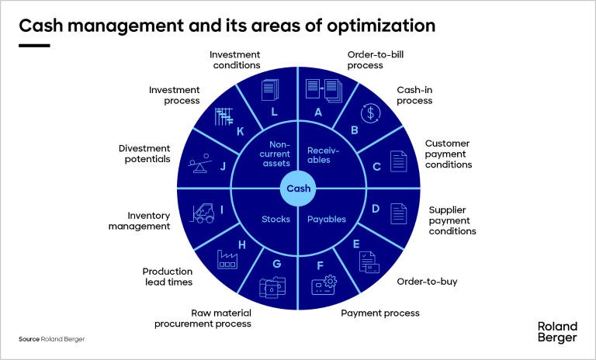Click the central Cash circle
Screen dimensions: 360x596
point(298,189)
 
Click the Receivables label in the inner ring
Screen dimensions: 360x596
point(319,154)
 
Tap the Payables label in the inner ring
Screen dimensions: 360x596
point(327,219)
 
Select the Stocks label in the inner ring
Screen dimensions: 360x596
point(275,219)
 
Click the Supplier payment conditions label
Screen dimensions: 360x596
point(452,220)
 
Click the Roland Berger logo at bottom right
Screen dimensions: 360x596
point(557,332)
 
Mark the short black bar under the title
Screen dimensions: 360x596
point(34,44)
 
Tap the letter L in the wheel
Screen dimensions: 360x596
point(274,111)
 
